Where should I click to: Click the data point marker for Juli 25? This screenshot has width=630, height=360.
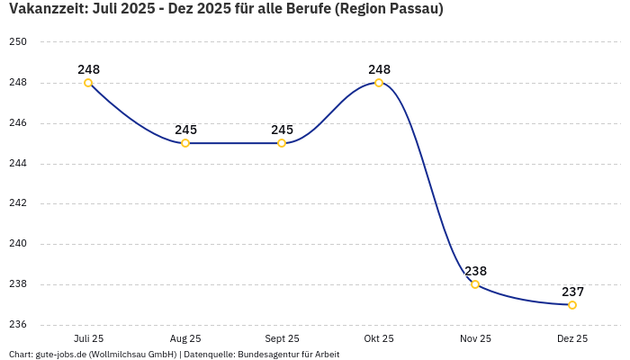(88, 83)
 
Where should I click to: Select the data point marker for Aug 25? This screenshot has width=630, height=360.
(185, 143)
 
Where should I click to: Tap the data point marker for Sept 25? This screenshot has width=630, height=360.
(282, 143)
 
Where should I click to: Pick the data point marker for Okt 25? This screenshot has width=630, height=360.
(379, 83)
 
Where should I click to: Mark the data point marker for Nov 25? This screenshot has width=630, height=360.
(475, 284)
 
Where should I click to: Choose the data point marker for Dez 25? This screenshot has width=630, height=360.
(572, 305)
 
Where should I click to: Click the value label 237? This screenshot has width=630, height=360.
(572, 292)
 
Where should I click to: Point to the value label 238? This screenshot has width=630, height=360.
(475, 271)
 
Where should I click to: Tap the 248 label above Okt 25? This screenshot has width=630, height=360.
(379, 69)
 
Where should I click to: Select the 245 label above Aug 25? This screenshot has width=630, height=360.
(185, 130)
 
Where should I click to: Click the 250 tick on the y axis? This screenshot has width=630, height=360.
(19, 42)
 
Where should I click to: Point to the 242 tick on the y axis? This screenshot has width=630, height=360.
(19, 203)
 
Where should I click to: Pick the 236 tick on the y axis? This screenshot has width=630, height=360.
(19, 325)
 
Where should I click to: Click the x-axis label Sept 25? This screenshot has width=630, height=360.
(282, 338)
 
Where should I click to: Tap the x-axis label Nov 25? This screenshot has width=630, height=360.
(475, 338)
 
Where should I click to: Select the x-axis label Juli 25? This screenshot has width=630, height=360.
(88, 338)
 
